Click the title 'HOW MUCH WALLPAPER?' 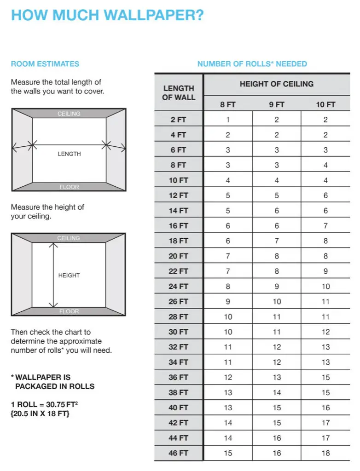point(107,15)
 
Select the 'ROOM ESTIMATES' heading point(45,64)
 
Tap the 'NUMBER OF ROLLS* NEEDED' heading point(252,64)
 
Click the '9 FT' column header point(277,105)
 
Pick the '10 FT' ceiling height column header point(325,105)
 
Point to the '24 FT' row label point(178,287)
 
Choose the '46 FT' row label point(178,453)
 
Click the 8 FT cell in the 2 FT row point(228,120)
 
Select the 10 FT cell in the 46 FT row point(325,453)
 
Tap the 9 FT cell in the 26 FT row point(277,302)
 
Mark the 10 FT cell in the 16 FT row point(325,226)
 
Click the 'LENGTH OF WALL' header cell point(179,93)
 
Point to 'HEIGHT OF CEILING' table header point(276,84)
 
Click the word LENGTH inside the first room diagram point(69,154)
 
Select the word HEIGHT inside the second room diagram point(69,276)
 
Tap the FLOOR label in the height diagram point(69,311)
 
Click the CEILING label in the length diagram point(69,114)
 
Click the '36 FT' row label point(178,378)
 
